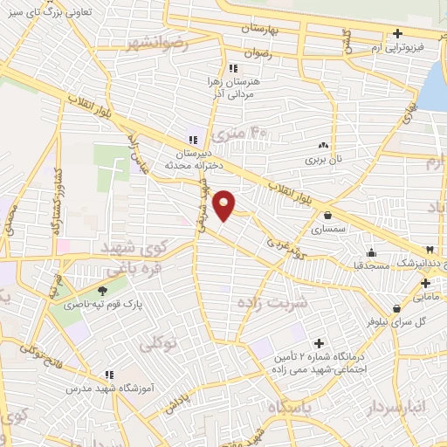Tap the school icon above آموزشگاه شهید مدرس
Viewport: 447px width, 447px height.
pos(107,374)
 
